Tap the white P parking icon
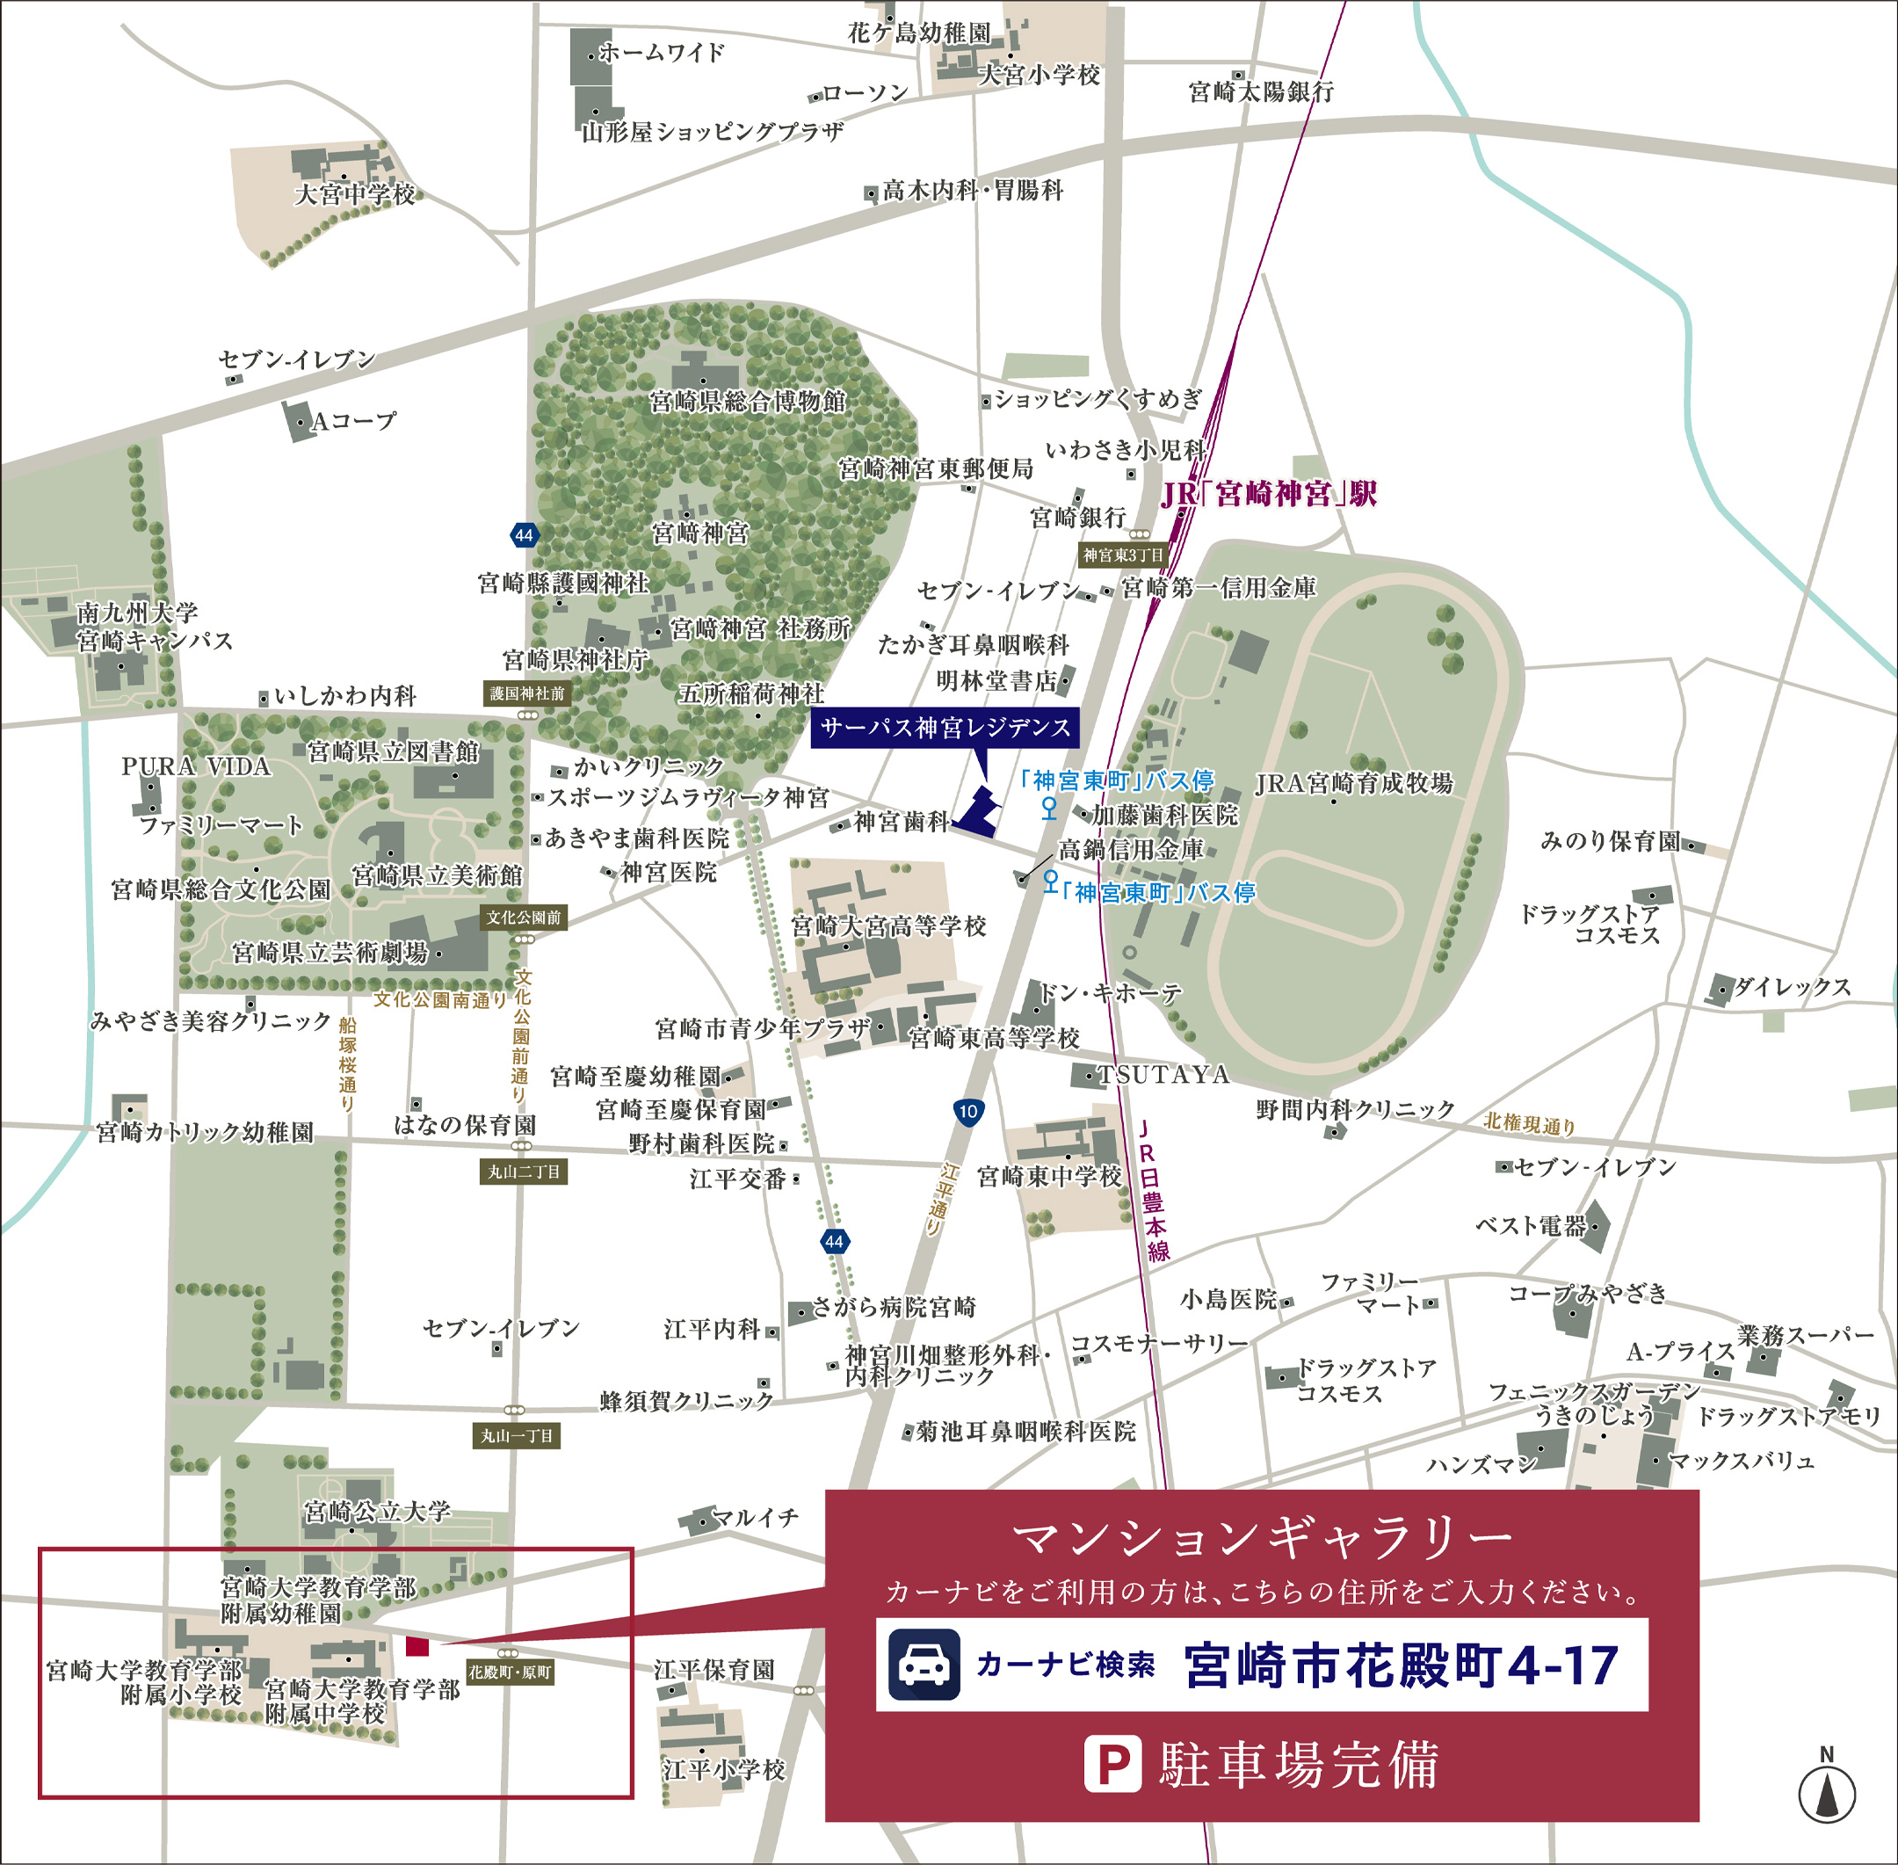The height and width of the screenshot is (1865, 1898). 1112,1764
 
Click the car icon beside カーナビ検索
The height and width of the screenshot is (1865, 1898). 924,1665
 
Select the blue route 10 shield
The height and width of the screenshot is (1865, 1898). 967,1111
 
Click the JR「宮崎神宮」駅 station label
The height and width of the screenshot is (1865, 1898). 1268,494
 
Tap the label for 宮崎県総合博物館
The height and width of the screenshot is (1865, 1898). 747,402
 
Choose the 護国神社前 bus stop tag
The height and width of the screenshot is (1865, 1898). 527,693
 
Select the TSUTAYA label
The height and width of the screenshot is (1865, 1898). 1163,1075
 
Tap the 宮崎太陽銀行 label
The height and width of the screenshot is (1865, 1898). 1260,92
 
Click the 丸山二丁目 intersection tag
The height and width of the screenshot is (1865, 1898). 524,1172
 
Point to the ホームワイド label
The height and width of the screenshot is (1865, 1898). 661,53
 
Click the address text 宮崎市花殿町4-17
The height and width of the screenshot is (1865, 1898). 1401,1665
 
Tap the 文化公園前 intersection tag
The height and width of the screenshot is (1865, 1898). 524,918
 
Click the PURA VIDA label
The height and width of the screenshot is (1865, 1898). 196,766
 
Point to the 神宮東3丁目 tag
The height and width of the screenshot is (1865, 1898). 1123,555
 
